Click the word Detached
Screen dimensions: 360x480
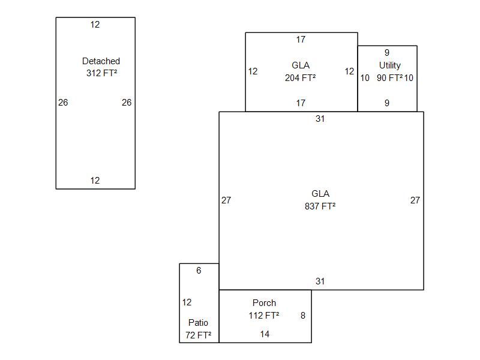101,61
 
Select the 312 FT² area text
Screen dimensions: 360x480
101,73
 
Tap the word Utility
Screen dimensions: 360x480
389,65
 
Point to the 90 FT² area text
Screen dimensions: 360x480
389,78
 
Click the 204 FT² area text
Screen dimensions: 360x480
300,78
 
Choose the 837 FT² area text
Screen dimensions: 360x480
320,206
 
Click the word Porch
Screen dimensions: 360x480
264,303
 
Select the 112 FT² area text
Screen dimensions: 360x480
264,316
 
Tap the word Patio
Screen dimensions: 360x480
198,323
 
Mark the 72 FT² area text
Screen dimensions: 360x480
198,335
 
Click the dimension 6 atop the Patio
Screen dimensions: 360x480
199,271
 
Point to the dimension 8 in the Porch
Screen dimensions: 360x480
303,316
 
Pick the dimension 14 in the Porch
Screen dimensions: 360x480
265,334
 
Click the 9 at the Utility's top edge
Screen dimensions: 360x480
387,53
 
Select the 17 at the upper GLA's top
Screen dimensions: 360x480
301,40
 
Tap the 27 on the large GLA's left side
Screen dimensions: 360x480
226,200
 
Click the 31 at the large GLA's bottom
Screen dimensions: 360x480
320,281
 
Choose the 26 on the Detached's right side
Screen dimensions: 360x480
127,103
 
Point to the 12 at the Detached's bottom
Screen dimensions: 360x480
95,181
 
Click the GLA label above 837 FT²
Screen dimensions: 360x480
320,194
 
